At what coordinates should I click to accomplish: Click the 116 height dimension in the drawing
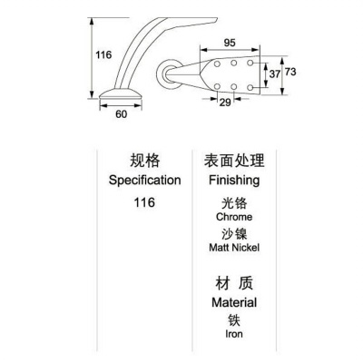[103, 54]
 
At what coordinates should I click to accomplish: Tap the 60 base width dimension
[121, 114]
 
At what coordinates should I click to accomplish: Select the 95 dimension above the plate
[230, 43]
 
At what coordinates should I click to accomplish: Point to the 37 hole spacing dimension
[275, 74]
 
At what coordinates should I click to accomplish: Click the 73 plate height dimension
[290, 72]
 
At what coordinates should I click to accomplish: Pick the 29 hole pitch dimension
[225, 103]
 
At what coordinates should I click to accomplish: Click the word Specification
[145, 181]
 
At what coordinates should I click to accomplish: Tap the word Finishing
[234, 181]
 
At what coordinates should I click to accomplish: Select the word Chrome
[234, 217]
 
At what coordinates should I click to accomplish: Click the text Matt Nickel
[234, 248]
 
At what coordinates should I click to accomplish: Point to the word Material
[234, 302]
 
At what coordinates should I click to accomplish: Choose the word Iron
[234, 334]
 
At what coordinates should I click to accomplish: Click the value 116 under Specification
[144, 202]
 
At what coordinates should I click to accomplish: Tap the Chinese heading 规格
[145, 161]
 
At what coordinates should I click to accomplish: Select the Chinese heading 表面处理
[234, 161]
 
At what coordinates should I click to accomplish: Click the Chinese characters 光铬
[234, 202]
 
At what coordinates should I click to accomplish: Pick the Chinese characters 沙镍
[234, 234]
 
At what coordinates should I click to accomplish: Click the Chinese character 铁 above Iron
[234, 320]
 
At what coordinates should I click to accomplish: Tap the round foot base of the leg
[121, 93]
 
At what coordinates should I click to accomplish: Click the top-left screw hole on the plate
[217, 64]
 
